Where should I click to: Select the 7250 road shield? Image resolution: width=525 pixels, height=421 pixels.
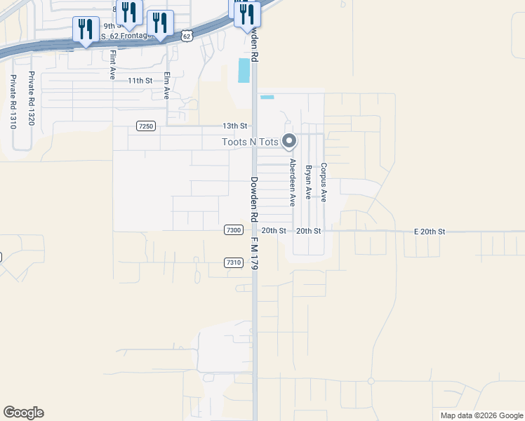point(146,126)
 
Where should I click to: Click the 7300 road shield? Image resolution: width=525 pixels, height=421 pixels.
point(234,230)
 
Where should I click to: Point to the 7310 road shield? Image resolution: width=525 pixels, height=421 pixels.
point(234,262)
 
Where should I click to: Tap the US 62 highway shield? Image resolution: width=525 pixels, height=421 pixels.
point(186,36)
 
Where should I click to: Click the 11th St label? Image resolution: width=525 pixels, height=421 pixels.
point(140,81)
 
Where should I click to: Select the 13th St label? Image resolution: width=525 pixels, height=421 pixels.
point(235,126)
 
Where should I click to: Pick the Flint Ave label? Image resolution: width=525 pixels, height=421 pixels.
point(112,64)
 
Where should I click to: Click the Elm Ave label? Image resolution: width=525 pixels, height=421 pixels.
point(167,84)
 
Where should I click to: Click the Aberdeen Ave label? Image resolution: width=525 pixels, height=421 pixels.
point(293,182)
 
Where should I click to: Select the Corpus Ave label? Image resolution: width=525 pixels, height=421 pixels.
point(324,182)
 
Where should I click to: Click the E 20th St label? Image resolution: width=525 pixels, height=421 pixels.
point(430,231)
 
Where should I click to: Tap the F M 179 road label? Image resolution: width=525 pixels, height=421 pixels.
point(256,253)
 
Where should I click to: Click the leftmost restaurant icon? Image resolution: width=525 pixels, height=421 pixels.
point(86,29)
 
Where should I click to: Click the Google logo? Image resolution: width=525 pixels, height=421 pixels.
point(23,413)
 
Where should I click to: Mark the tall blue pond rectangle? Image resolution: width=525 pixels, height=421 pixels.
point(244,70)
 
